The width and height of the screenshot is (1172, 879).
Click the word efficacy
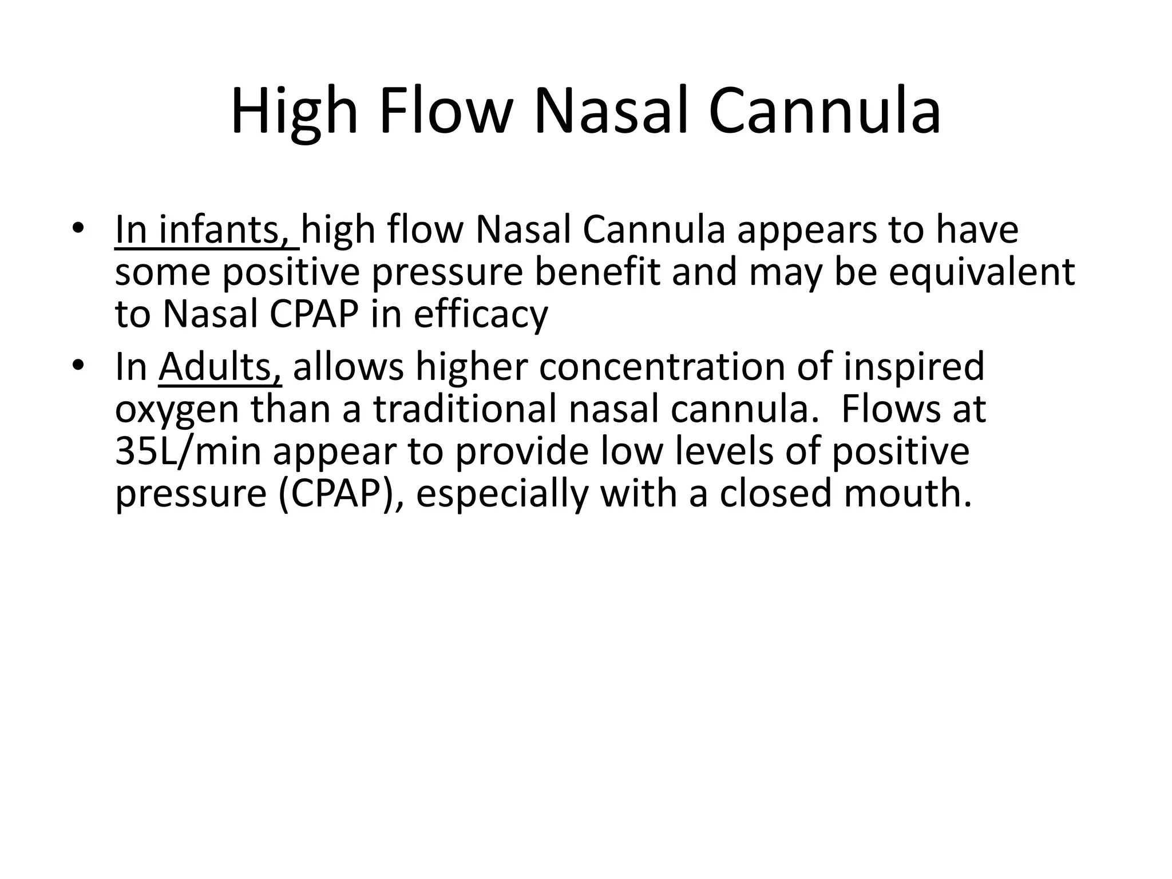pyautogui.click(x=481, y=314)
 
